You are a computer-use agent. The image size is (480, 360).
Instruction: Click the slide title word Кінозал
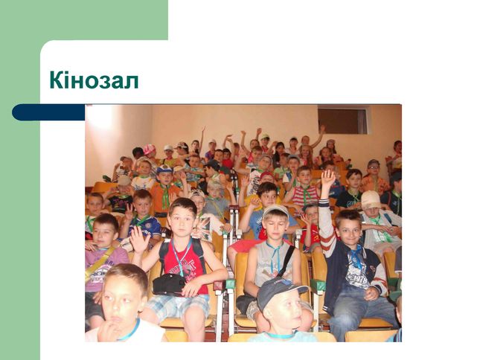(94, 80)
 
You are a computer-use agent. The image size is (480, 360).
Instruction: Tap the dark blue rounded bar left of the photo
(48, 112)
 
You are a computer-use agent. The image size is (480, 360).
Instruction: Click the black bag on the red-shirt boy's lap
(169, 284)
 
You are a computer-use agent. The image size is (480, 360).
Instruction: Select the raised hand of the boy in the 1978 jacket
(328, 179)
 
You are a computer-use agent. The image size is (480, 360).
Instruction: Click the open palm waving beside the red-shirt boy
(139, 240)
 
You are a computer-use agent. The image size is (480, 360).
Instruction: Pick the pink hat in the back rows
(150, 149)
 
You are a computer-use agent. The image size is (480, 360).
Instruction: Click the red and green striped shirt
(305, 196)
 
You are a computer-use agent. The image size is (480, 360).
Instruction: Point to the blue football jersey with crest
(145, 226)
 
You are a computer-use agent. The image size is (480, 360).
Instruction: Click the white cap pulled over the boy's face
(371, 199)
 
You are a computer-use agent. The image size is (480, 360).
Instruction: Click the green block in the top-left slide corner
(84, 20)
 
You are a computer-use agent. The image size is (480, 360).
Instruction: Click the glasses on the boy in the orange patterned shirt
(374, 167)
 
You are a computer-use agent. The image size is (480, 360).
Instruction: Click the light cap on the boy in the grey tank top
(275, 210)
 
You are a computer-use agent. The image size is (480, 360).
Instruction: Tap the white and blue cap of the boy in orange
(164, 170)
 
